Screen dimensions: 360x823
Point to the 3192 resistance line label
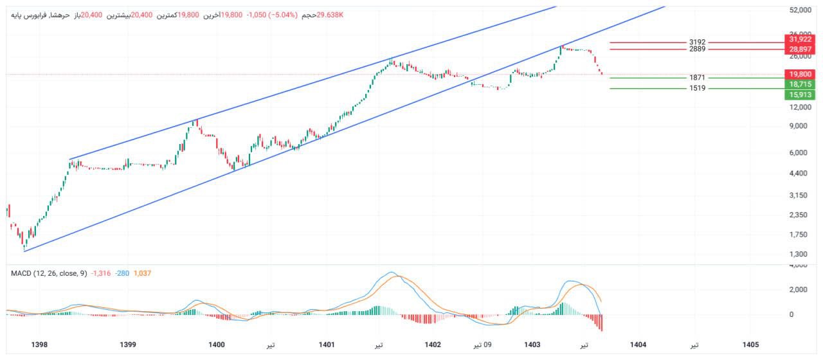[x=697, y=42]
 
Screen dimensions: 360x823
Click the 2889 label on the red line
[x=697, y=49]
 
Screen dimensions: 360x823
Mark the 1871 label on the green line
[x=697, y=78]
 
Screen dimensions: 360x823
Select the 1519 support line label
[x=697, y=88]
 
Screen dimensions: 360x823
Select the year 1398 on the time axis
[x=40, y=345]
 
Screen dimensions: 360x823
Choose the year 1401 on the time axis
[x=327, y=345]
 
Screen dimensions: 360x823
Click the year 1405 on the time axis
[x=750, y=345]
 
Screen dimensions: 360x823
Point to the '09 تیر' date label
[x=483, y=345]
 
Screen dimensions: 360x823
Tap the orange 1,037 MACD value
[x=142, y=273]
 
